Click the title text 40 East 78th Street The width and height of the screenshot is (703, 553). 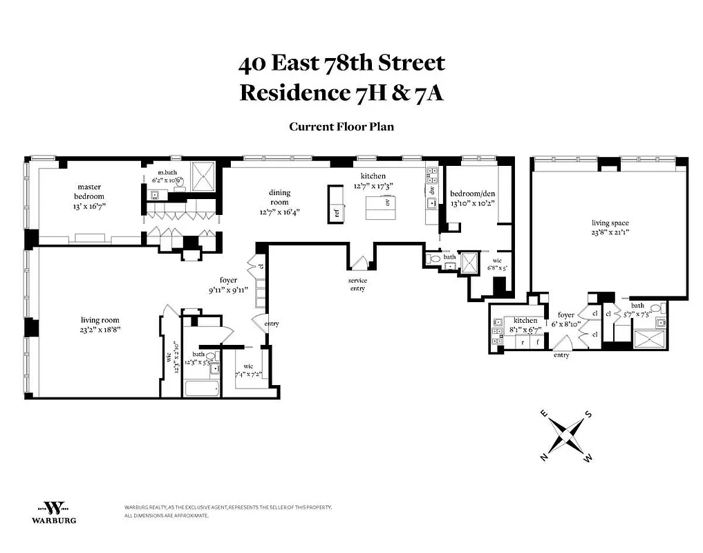[x=341, y=64]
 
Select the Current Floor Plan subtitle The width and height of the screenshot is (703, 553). [x=341, y=126]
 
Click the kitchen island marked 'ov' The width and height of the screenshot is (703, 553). [x=379, y=204]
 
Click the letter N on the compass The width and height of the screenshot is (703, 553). [x=545, y=458]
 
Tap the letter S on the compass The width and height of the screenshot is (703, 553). [x=588, y=414]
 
